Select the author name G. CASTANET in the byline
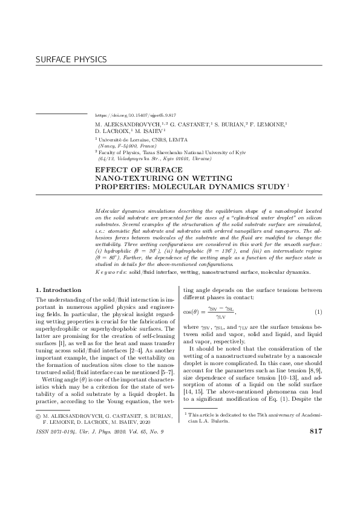[188, 123]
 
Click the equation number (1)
[318, 312]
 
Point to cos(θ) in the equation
[192, 312]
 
